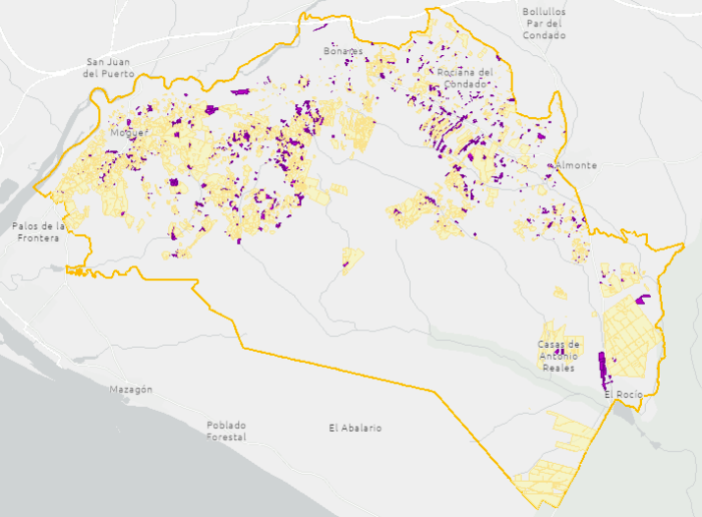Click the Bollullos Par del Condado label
544,24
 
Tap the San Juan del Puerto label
107,67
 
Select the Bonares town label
343,50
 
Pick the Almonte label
576,165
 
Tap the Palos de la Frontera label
38,232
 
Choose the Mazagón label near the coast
131,389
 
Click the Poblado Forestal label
226,431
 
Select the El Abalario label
355,428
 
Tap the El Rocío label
623,394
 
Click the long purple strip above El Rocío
603,366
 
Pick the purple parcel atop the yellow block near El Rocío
643,299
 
